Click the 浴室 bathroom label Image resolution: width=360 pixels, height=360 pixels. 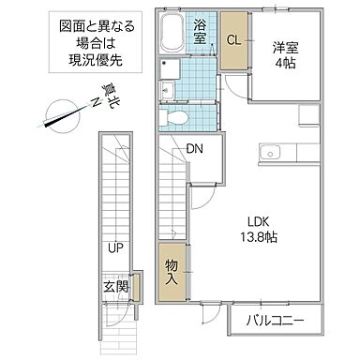202,27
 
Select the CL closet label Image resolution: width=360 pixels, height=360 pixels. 235,41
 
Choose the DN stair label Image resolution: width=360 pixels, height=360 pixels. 195,147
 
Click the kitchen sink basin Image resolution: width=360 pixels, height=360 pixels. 271,150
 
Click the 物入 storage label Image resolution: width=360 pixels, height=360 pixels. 172,272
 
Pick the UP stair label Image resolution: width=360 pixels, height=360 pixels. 115,250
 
